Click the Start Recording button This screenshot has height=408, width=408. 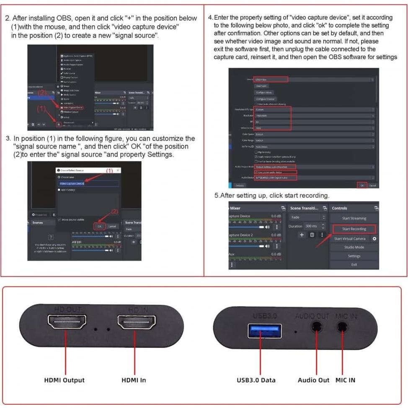354,229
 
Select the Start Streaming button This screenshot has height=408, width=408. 354,218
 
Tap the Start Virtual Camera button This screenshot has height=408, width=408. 350,239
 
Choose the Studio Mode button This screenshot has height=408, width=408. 354,247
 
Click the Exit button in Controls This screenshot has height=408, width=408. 354,265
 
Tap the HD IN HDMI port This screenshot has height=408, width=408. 134,324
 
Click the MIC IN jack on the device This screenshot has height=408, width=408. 343,327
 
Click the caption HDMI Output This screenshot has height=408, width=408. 64,380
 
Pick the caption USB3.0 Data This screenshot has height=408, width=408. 256,380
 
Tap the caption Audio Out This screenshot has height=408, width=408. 313,380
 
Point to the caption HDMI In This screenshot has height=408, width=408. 134,380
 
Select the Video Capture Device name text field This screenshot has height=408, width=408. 88,183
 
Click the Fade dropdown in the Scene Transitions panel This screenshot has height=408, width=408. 307,217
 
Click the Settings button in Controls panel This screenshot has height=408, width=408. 354,256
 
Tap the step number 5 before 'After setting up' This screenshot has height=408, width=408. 216,196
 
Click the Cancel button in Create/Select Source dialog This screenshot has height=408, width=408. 112,226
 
